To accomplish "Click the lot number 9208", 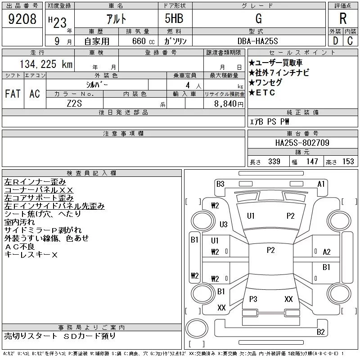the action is click(22, 18).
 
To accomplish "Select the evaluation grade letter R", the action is click(343, 18).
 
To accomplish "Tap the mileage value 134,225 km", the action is click(46, 64).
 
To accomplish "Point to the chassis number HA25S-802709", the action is click(302, 143).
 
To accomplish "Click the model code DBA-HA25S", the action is click(257, 41).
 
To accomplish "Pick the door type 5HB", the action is click(174, 18).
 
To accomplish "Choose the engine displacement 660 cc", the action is click(143, 41).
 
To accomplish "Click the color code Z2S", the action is click(74, 103).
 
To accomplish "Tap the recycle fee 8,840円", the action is click(229, 104).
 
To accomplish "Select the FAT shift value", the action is click(13, 94).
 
